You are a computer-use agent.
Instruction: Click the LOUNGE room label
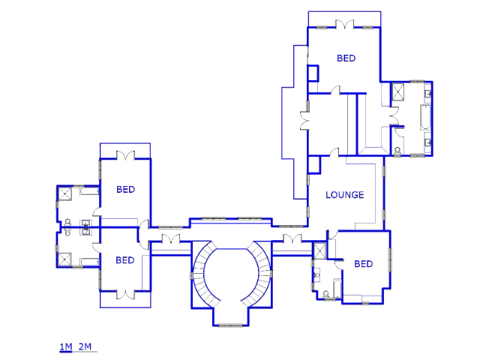click(x=345, y=195)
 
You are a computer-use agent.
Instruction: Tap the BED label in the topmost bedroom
click(x=346, y=58)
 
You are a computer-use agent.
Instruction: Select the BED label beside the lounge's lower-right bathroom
click(x=363, y=264)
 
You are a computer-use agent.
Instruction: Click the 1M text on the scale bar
click(x=66, y=346)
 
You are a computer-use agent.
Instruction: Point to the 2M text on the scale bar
click(x=85, y=346)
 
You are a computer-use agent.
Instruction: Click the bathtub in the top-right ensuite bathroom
click(x=425, y=117)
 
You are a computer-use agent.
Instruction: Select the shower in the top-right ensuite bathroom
click(x=398, y=91)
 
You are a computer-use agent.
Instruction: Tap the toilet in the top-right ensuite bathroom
click(x=397, y=151)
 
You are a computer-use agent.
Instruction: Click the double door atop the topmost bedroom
click(x=345, y=25)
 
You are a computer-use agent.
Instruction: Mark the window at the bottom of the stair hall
click(x=230, y=325)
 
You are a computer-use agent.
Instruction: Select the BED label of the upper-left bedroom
click(x=125, y=190)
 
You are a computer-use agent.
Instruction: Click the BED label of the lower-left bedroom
click(x=125, y=260)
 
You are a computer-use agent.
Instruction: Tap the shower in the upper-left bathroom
click(x=65, y=194)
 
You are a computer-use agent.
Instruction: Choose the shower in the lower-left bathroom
click(x=65, y=259)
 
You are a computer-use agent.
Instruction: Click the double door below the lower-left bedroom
click(x=125, y=295)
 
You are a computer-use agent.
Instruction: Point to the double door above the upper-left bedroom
click(x=125, y=155)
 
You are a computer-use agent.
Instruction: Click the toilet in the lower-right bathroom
click(x=326, y=295)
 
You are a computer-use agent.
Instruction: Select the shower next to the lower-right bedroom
click(x=320, y=251)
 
